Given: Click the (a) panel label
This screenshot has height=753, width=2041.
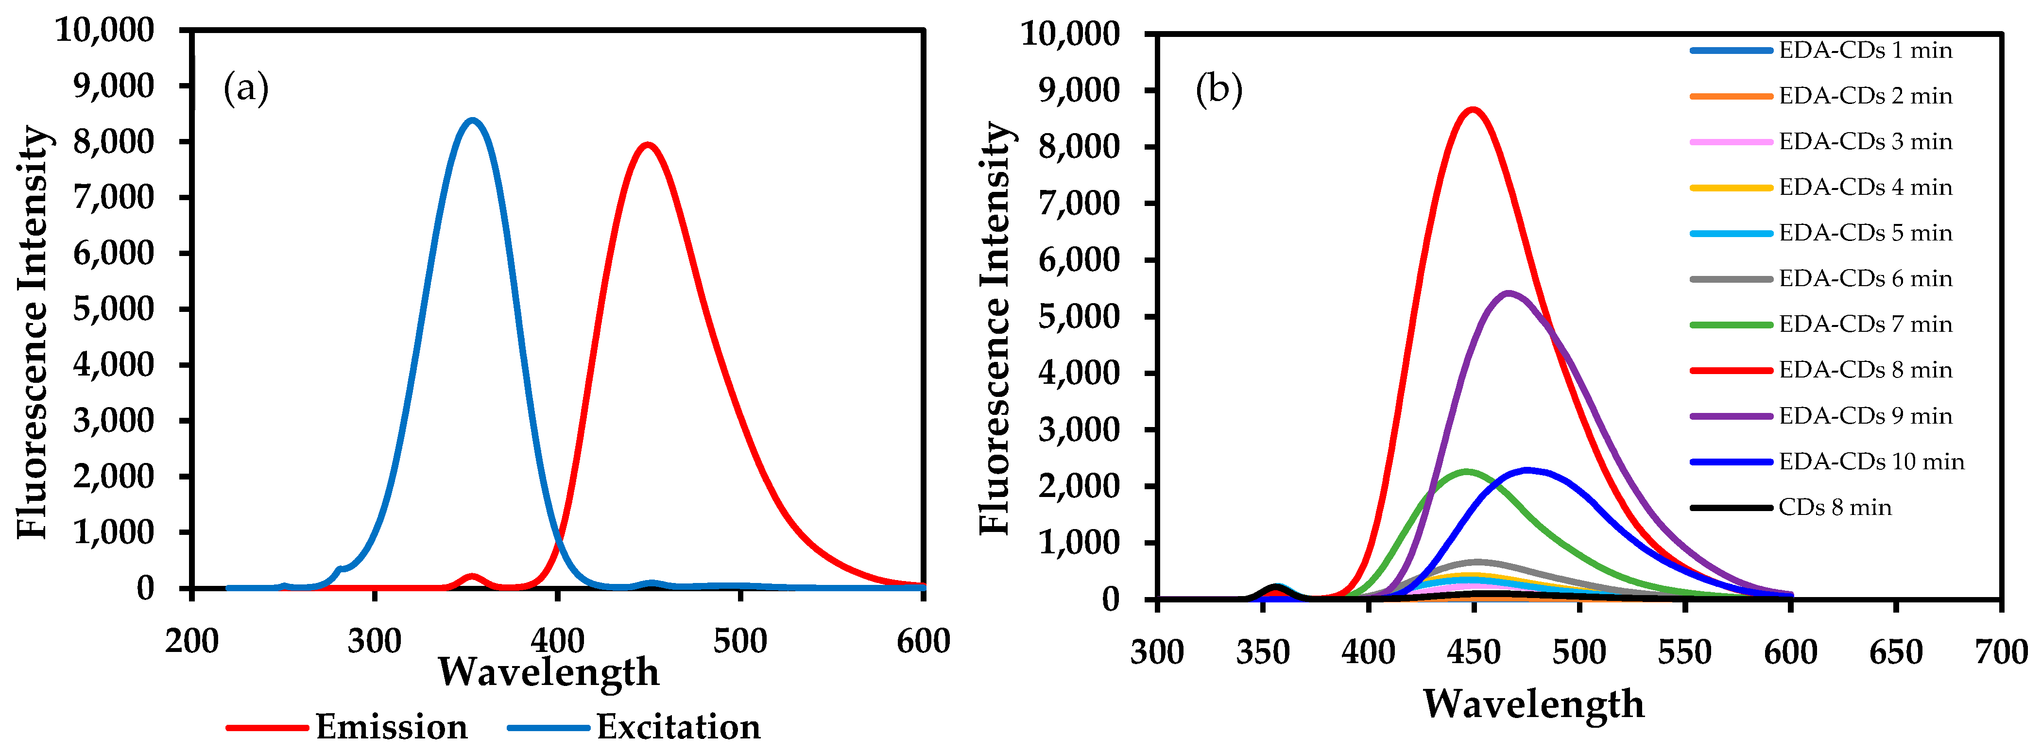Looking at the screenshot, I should (x=246, y=88).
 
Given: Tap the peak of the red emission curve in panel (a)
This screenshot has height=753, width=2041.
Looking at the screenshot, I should (x=648, y=145).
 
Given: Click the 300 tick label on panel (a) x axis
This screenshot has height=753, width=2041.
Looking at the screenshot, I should (x=375, y=640).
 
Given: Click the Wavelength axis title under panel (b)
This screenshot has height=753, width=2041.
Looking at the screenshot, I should (x=1533, y=703).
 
